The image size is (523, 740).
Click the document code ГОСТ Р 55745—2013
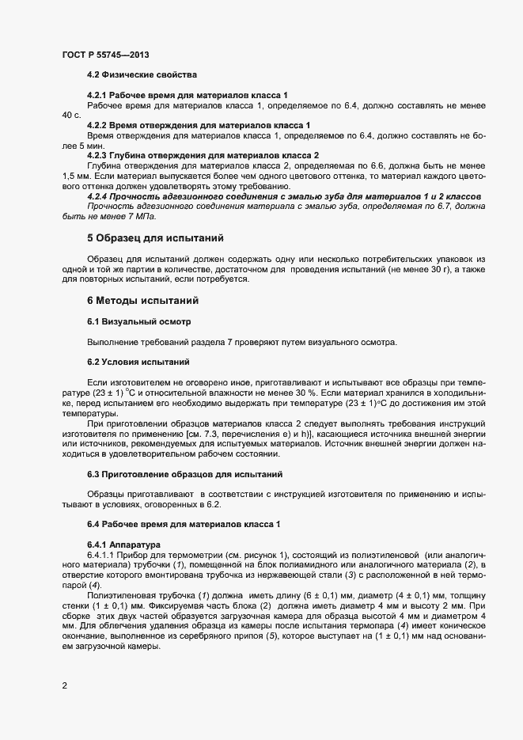(x=105, y=55)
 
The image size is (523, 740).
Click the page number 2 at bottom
(x=64, y=685)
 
